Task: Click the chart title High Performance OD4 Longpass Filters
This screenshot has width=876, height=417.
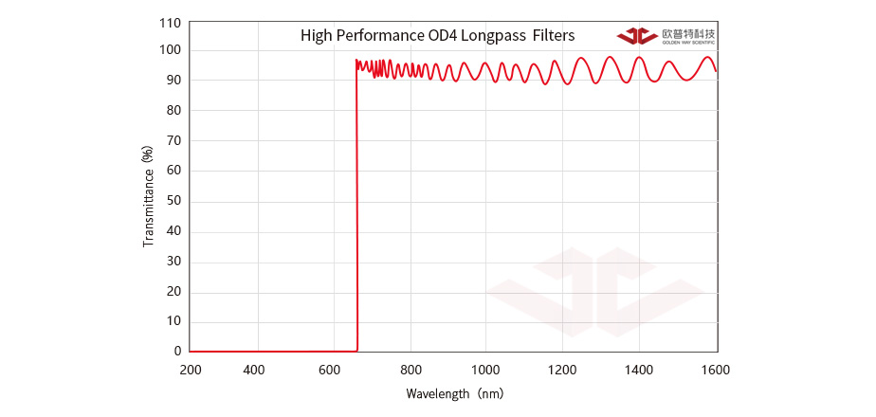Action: [x=437, y=36]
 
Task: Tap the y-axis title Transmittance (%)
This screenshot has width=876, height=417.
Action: [x=148, y=196]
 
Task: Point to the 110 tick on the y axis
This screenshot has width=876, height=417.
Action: [x=170, y=21]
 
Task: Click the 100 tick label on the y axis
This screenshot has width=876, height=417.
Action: [x=170, y=50]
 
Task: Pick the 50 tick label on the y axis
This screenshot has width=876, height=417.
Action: [x=173, y=202]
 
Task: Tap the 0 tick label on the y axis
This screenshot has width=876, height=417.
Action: [x=177, y=352]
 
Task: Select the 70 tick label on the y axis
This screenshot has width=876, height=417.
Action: [x=173, y=141]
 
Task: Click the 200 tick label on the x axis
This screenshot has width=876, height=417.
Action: [x=190, y=369]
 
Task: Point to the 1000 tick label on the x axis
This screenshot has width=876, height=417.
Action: [x=485, y=369]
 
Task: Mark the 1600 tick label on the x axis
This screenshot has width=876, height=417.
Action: [x=716, y=369]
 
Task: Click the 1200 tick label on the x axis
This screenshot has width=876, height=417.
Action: [x=562, y=369]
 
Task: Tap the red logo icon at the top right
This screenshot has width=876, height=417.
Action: [x=637, y=36]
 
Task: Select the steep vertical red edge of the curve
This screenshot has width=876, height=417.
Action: [x=356, y=208]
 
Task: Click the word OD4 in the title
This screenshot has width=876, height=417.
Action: [x=446, y=36]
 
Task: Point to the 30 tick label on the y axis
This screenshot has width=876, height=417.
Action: [x=173, y=262]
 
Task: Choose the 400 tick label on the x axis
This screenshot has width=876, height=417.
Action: [x=254, y=369]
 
